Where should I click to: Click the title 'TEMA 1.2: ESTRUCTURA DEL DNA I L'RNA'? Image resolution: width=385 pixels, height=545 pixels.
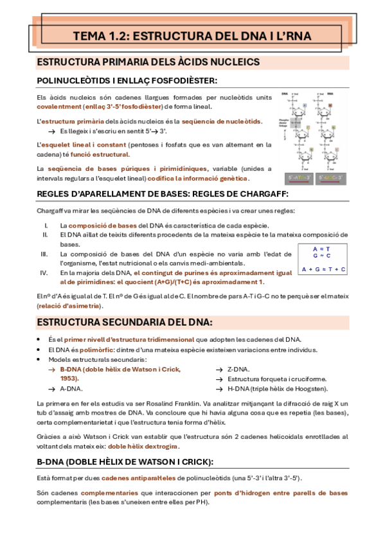click(192, 36)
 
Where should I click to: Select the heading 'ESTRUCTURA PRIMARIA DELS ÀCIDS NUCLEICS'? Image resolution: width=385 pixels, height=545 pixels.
click(148, 62)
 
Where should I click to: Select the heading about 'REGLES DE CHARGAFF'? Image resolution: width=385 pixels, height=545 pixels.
click(163, 194)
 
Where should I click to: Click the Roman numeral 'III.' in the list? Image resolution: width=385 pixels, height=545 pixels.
click(44, 254)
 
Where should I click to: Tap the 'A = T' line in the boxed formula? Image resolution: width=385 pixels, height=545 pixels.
click(321, 249)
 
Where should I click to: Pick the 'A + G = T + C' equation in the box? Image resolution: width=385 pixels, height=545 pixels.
click(323, 269)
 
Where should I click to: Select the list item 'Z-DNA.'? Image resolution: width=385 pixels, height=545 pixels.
click(238, 370)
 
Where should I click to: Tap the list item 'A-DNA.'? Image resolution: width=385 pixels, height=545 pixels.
click(71, 389)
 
